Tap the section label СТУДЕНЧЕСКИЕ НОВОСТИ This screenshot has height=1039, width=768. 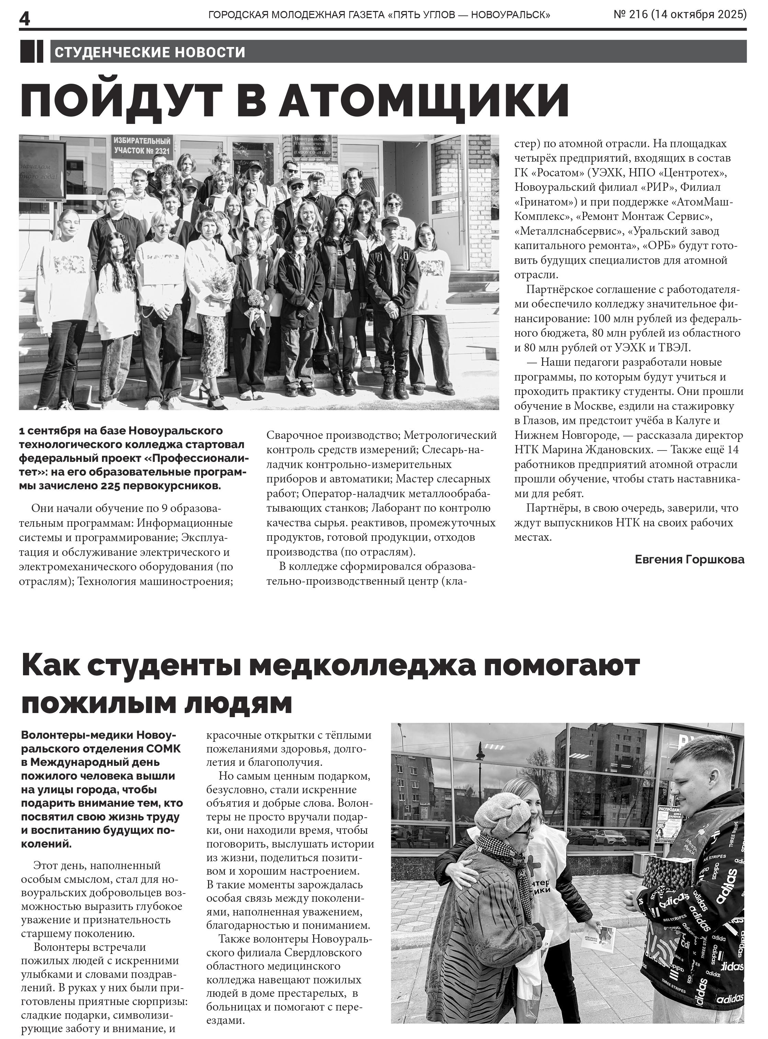(150, 52)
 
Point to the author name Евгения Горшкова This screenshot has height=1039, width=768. (689, 559)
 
